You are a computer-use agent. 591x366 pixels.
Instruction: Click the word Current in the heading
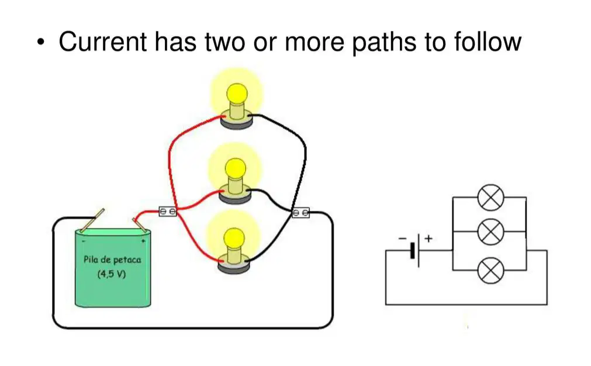(102, 42)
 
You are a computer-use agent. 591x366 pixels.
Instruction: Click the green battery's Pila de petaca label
(112, 260)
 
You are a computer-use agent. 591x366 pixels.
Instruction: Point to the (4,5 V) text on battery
(112, 274)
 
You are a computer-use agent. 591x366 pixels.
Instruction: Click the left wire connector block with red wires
(168, 212)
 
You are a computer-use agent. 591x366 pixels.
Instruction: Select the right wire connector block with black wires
(301, 213)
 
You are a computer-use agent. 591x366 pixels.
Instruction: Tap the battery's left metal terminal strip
(92, 220)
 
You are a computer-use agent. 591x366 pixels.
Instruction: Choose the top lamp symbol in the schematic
(490, 197)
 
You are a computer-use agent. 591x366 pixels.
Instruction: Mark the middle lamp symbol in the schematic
(490, 232)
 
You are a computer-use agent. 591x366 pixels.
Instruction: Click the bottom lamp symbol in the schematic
(490, 270)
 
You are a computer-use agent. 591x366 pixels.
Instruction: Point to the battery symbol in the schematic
(415, 250)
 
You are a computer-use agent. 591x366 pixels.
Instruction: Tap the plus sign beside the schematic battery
(428, 238)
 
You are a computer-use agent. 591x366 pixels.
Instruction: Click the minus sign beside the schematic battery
(403, 238)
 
